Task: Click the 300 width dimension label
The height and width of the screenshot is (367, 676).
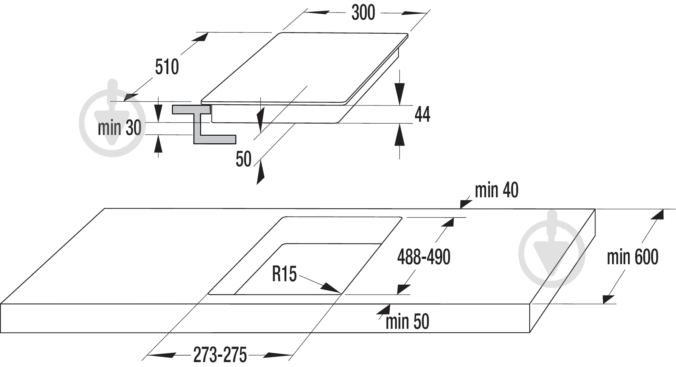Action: click(363, 13)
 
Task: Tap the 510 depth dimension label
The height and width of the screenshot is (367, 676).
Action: click(167, 67)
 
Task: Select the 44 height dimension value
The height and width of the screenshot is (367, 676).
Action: click(423, 114)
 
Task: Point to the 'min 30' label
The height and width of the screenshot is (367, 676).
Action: click(120, 128)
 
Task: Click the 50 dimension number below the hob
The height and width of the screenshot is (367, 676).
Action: click(244, 159)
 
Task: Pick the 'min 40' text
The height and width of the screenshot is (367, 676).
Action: click(496, 190)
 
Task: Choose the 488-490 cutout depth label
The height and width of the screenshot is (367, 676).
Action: click(424, 257)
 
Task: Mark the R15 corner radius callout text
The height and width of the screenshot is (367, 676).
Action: click(284, 274)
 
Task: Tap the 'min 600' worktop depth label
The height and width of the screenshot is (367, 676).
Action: click(632, 257)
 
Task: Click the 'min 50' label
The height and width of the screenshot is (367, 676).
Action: click(407, 322)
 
